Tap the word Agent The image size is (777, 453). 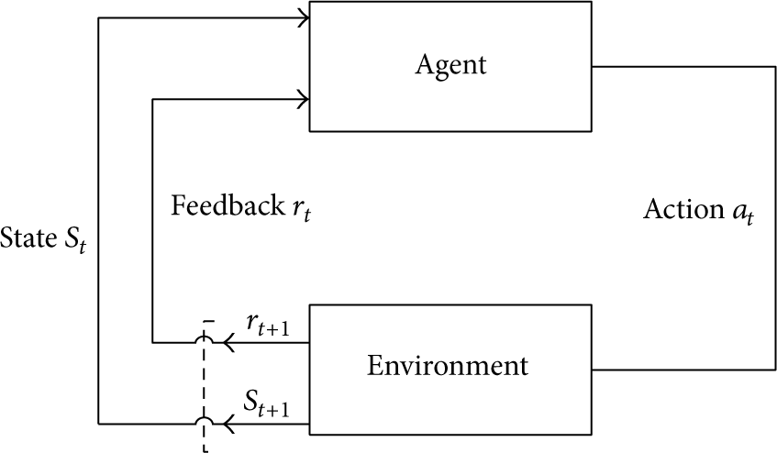point(451,65)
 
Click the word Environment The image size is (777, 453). point(448,366)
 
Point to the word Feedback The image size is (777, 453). point(228,205)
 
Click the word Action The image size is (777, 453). point(683,209)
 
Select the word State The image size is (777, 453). point(28,238)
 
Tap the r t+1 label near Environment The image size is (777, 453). point(268,325)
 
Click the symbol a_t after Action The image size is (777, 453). point(743,213)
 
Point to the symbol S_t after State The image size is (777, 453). point(75,241)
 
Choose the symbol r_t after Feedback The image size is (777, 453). point(302,209)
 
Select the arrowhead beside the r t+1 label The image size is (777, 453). point(228,342)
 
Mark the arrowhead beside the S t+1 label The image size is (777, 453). point(228,424)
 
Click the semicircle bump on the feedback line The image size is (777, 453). point(204,337)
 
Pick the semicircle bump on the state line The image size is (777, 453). point(204,418)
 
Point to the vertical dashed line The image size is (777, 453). point(204,386)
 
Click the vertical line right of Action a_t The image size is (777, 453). point(775,218)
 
